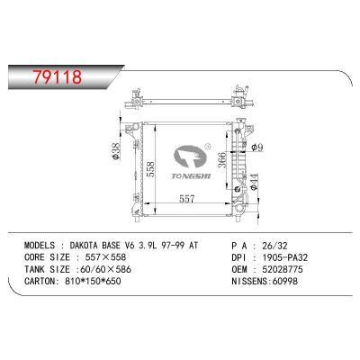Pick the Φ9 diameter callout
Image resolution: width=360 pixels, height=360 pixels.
[257, 148]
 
